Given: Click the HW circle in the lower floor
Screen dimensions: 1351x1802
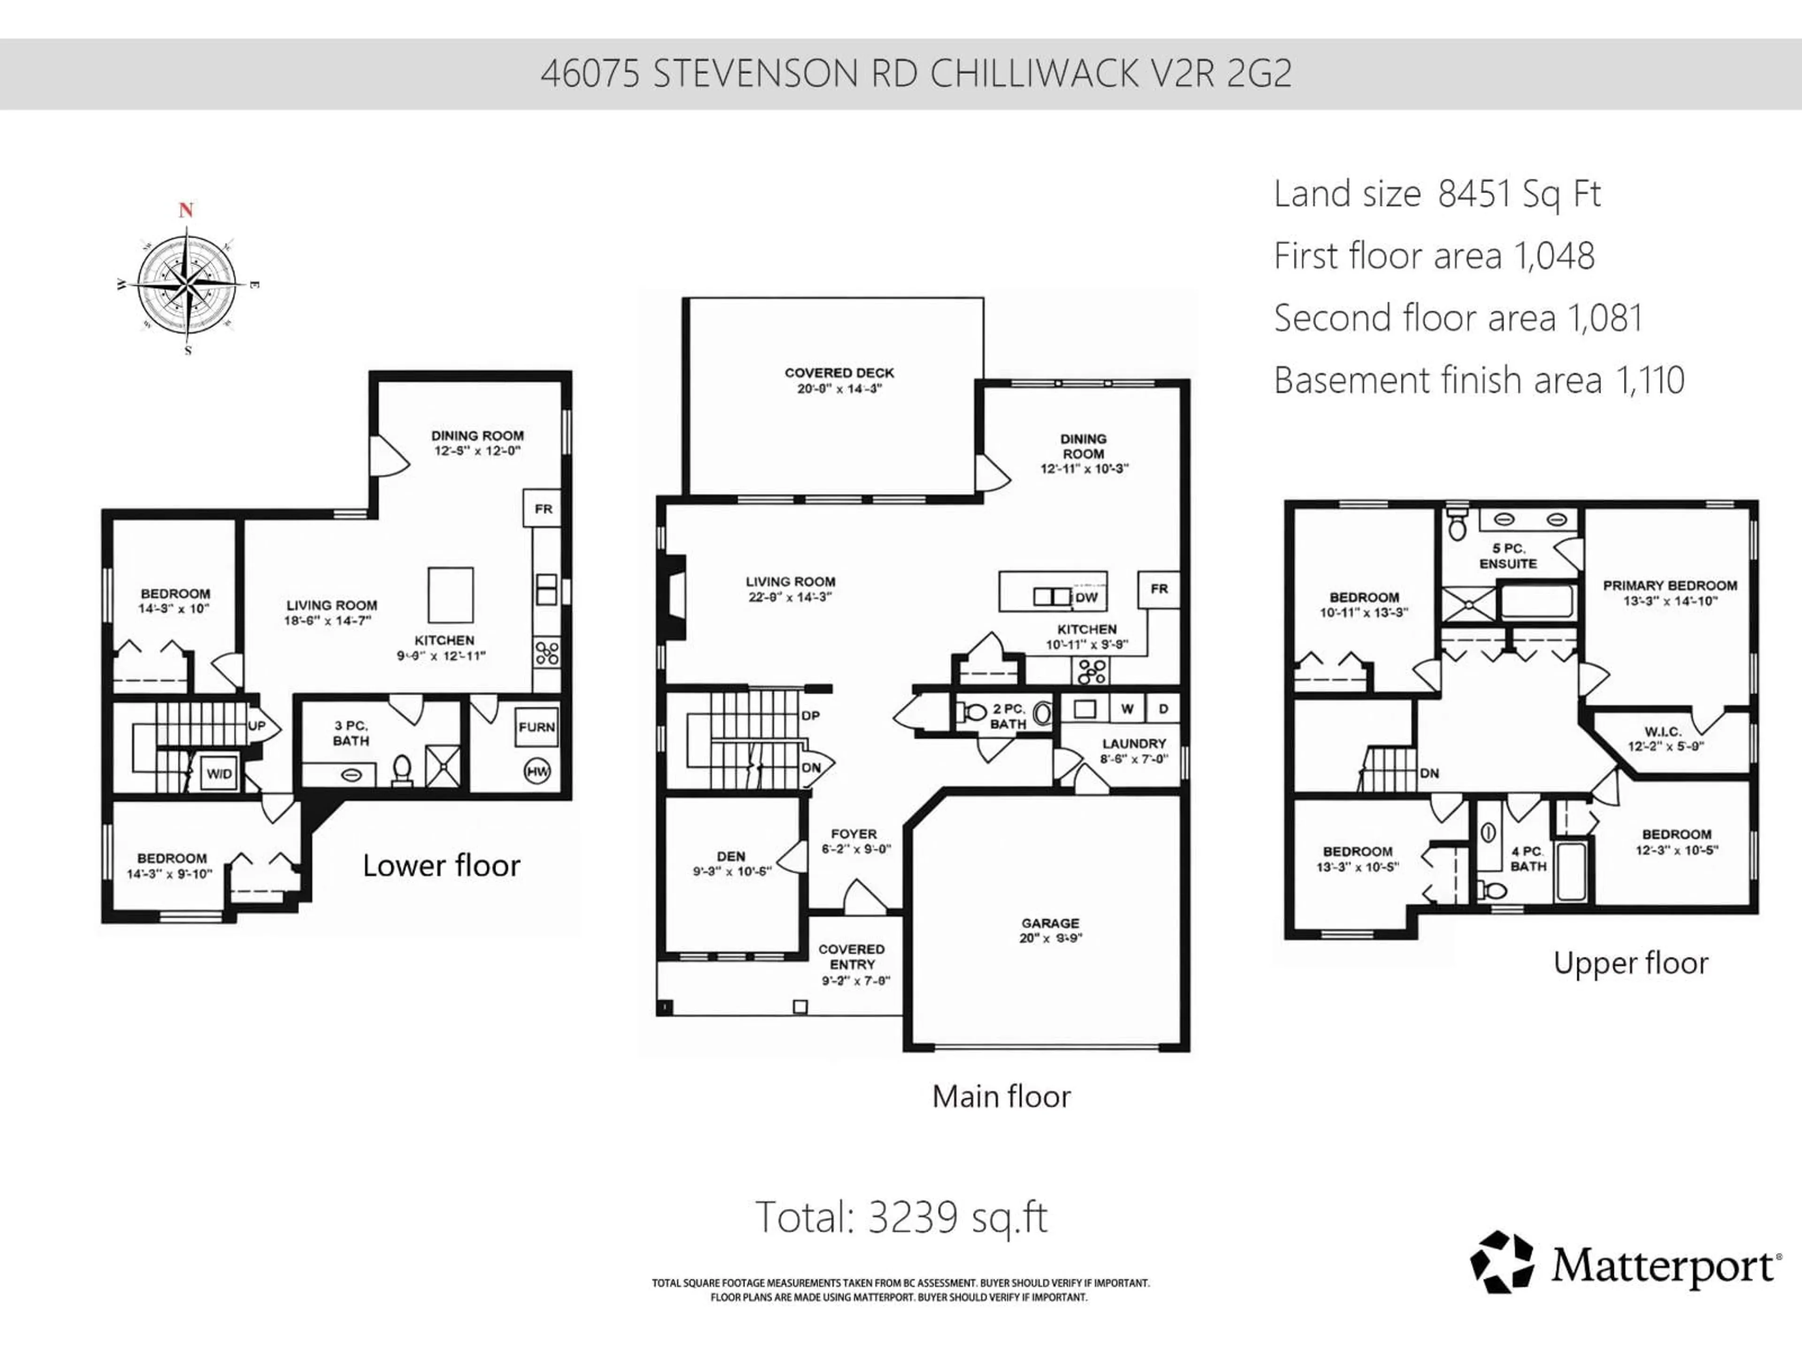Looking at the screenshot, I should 537,771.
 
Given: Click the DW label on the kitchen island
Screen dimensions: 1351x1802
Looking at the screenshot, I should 1086,597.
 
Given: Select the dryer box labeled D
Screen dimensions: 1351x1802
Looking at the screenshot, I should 1163,708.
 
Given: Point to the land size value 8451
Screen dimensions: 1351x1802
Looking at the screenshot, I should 1474,194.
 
